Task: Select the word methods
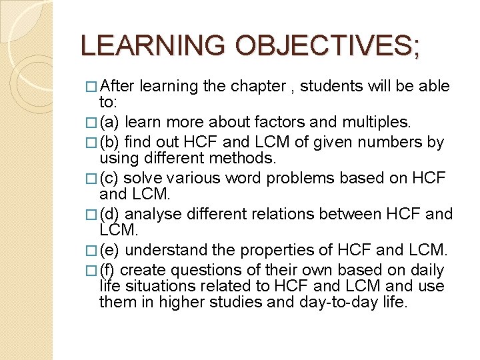point(247,159)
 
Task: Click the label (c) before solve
point(110,179)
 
